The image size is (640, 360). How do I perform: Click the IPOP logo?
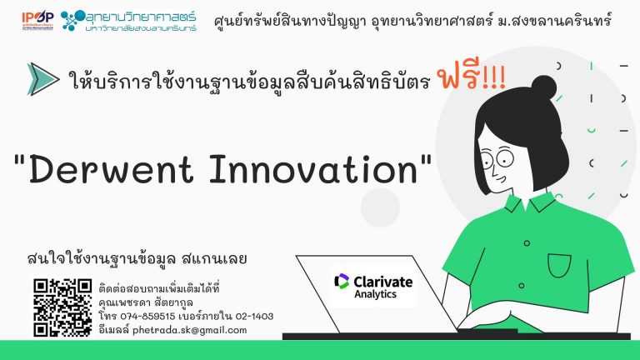(x=37, y=20)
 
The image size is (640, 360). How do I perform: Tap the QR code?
(x=62, y=307)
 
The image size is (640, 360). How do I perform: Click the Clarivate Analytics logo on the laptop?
(x=373, y=287)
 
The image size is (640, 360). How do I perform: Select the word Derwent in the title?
(x=110, y=169)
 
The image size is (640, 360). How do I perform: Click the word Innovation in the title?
(x=313, y=169)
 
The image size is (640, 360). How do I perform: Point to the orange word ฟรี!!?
(x=471, y=76)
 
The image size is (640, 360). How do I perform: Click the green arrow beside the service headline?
(x=42, y=79)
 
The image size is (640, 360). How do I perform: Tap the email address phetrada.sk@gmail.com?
(x=189, y=330)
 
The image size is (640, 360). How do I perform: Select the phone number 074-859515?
(x=147, y=317)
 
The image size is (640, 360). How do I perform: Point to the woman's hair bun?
(x=543, y=87)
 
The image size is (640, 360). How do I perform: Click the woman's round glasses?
(x=497, y=158)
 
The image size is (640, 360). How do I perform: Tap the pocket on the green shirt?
(x=559, y=265)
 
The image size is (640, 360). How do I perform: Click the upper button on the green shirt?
(x=527, y=243)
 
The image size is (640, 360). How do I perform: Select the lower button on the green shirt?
(x=521, y=286)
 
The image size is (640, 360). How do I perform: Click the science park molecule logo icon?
(x=72, y=20)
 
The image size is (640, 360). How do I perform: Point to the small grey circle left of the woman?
(x=380, y=207)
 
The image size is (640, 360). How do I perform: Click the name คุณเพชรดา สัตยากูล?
(x=146, y=302)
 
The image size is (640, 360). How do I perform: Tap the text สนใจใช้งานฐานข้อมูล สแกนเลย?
(x=137, y=259)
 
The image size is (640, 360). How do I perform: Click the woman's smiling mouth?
(x=502, y=179)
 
